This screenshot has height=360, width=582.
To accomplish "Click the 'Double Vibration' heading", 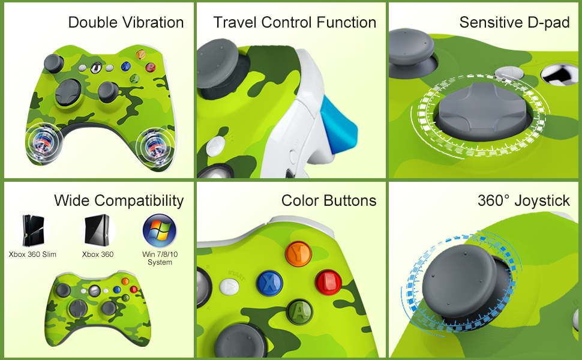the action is pos(126,23).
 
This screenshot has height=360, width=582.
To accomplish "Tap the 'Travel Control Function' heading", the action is pos(295,23).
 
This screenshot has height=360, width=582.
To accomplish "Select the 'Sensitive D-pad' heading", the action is pos(514,23).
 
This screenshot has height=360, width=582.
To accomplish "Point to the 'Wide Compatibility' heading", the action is pos(119,200).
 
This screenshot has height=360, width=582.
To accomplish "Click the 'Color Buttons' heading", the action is pos(329,200).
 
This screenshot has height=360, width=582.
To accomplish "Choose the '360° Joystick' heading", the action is pos(524,200).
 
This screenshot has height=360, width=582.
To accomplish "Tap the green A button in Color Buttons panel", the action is pos(298,310).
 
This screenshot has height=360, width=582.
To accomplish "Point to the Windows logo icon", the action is pos(159,230).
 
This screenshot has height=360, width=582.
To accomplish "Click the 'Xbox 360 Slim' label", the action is pos(32,254).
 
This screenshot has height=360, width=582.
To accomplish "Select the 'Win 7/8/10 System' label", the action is pos(159,258).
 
